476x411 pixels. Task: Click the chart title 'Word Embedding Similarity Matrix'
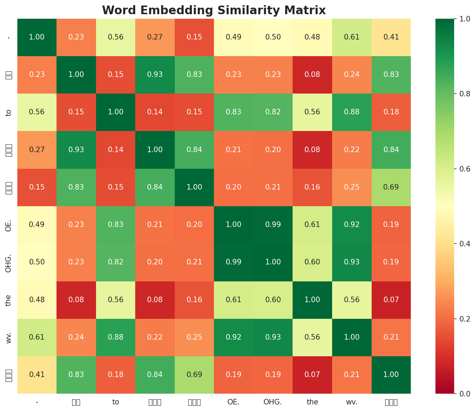click(x=214, y=10)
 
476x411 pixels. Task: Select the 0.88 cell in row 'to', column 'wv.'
click(x=352, y=112)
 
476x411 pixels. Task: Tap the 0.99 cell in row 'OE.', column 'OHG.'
click(x=273, y=225)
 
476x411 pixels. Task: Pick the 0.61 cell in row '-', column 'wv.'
click(x=352, y=37)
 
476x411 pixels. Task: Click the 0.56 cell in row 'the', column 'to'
click(x=116, y=300)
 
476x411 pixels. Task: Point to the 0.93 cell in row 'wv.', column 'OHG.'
click(x=273, y=337)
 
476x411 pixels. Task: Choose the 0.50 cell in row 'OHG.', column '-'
click(x=37, y=262)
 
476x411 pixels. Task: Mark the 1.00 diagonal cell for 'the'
click(x=312, y=300)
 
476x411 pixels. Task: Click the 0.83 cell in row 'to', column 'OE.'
click(x=234, y=112)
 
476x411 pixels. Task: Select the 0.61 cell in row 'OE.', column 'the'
click(x=312, y=225)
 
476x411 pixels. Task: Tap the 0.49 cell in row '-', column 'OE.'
click(x=234, y=37)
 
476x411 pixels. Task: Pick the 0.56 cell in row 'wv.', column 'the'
click(x=312, y=337)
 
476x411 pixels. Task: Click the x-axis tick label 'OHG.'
click(x=273, y=402)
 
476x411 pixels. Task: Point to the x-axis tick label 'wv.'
click(x=352, y=402)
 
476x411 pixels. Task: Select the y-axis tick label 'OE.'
click(x=9, y=225)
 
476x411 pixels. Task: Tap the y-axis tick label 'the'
click(x=9, y=300)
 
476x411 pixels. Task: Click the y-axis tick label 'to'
click(x=9, y=112)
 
